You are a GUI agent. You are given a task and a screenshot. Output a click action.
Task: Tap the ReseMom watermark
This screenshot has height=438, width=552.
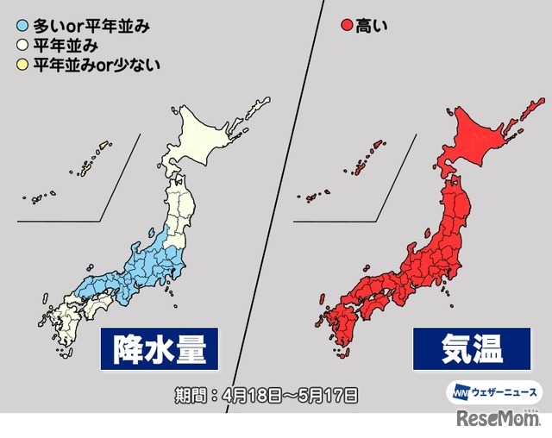pyautogui.click(x=505, y=421)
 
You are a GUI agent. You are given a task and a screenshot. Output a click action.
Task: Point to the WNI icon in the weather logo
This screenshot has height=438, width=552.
pyautogui.click(x=457, y=391)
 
